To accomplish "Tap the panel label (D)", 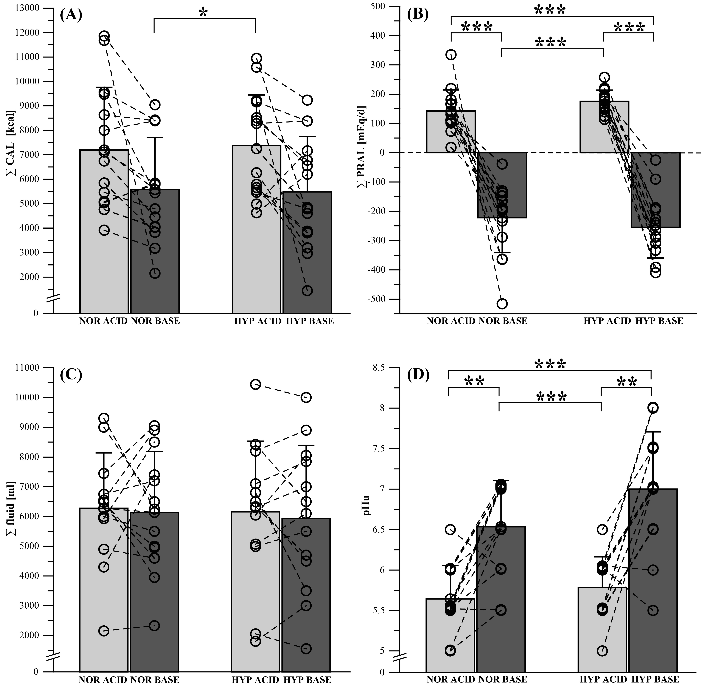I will click(418, 375).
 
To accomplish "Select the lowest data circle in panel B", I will click(502, 304).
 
